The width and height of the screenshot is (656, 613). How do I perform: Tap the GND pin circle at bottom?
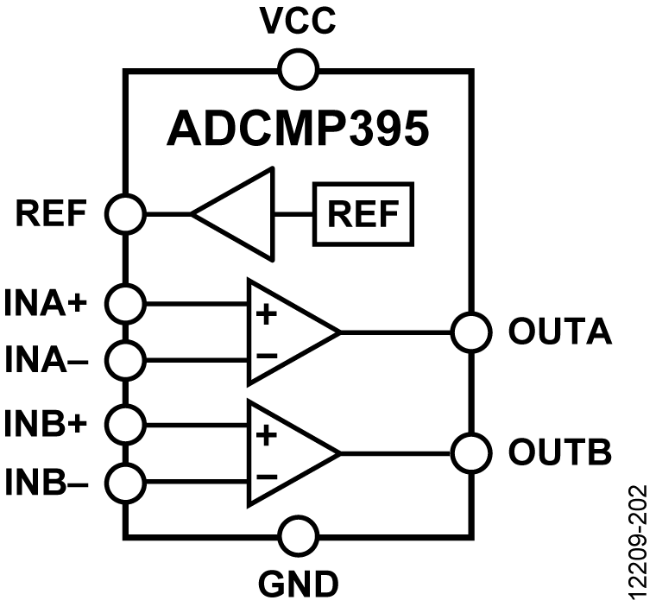[x=299, y=534]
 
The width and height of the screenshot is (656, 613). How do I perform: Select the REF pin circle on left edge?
[x=124, y=212]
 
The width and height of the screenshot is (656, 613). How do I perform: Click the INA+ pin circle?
[x=124, y=302]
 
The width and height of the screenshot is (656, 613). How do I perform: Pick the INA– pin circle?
[x=124, y=357]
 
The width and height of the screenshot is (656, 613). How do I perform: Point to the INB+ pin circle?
[x=124, y=423]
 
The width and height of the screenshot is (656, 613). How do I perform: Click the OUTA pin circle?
[x=470, y=332]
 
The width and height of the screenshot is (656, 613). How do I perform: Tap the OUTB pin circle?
[x=470, y=452]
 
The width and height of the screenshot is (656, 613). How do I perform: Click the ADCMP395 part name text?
[x=298, y=130]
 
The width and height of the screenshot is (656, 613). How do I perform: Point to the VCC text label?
[x=299, y=22]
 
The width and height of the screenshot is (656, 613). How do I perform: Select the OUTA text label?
[x=560, y=332]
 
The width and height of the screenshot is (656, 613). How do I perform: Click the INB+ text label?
[x=53, y=424]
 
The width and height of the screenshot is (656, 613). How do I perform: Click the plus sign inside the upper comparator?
[x=267, y=313]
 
